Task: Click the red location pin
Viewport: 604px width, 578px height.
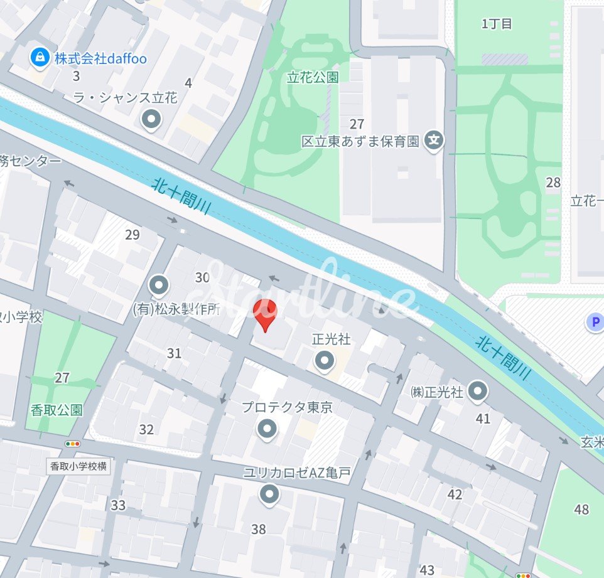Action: tap(264, 314)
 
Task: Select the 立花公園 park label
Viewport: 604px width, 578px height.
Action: tap(313, 77)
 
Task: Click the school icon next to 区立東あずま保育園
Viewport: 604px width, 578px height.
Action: tap(433, 141)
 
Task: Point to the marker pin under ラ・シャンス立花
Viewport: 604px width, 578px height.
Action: tap(151, 119)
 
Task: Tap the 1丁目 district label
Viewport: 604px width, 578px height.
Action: tap(497, 24)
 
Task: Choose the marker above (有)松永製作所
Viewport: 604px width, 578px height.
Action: tap(158, 286)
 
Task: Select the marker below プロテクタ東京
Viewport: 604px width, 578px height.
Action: tap(267, 429)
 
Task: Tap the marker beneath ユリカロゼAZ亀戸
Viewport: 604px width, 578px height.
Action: tap(270, 495)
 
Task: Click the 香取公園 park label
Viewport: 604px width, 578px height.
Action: tap(57, 410)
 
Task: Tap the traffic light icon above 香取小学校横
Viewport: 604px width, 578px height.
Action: tap(73, 444)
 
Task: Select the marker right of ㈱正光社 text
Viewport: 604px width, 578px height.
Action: tap(478, 391)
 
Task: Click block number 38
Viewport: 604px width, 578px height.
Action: tap(259, 530)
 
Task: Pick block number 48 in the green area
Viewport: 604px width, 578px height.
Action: tap(581, 509)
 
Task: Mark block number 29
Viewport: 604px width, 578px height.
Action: tap(132, 235)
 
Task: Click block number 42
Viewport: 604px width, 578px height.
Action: tap(455, 495)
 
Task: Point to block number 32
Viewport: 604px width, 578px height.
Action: tap(146, 430)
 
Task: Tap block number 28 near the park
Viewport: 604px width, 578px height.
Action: tap(553, 183)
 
